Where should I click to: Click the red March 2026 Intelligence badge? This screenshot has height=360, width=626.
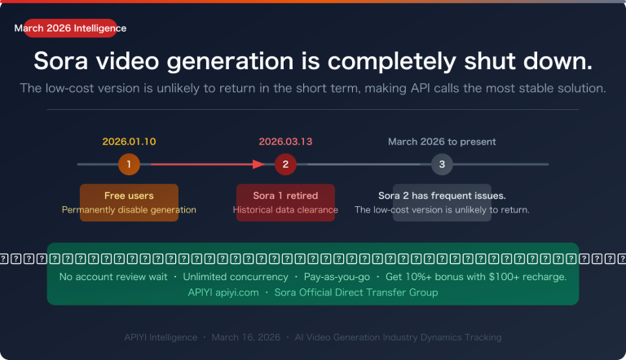71,29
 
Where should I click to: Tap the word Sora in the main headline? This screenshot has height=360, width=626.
64,62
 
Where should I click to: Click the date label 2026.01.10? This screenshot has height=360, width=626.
129,141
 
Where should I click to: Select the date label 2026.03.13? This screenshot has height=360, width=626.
285,141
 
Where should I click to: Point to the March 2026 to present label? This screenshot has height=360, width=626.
442,141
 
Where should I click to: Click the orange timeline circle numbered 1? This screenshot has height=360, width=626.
129,165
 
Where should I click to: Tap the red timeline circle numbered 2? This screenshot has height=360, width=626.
285,165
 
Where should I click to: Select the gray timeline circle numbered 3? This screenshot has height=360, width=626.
442,165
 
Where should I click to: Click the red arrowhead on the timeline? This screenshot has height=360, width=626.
260,165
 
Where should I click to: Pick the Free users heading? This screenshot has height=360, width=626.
129,195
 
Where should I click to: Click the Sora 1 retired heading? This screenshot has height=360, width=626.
285,195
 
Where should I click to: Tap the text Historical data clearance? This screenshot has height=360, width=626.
285,210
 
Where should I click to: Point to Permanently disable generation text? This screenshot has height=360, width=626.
129,210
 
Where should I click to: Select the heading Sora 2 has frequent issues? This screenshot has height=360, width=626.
442,195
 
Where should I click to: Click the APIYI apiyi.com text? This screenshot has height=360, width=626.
223,292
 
